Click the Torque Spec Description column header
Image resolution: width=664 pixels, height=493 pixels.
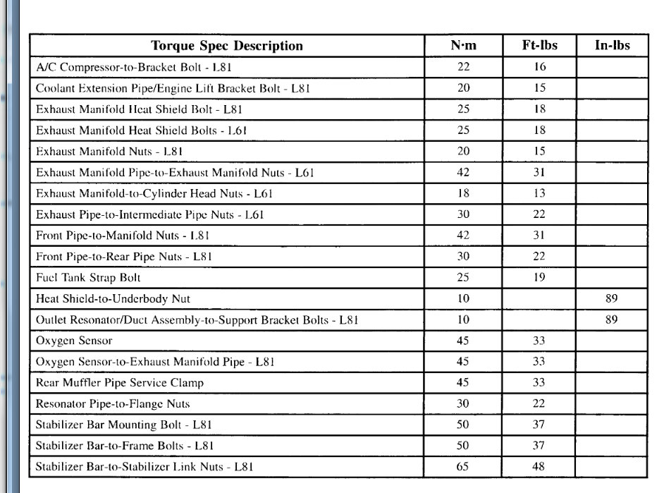click(227, 47)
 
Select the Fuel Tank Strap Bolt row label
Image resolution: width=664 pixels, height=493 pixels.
click(88, 278)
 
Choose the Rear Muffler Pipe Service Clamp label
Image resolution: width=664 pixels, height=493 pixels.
click(120, 383)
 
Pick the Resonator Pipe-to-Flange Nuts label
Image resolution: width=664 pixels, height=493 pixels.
click(113, 404)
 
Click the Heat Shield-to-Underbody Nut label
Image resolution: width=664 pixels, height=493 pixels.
click(113, 299)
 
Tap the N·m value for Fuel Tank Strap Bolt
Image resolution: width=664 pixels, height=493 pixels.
click(463, 278)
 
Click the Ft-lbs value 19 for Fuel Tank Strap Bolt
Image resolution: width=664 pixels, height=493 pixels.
click(539, 278)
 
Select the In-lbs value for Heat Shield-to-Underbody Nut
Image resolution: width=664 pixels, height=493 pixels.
click(611, 299)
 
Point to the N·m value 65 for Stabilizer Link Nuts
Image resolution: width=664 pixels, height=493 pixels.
click(463, 467)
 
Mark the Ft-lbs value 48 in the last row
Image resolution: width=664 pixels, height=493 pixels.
click(539, 467)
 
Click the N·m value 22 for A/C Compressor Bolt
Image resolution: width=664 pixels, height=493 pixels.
click(463, 68)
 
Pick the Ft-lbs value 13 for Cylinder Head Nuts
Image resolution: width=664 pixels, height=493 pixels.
click(539, 194)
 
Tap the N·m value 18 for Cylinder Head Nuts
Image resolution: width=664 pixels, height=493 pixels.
click(463, 194)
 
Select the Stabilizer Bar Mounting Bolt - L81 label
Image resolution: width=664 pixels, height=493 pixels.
click(124, 425)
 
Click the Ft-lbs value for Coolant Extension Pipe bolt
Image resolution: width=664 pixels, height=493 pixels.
click(539, 89)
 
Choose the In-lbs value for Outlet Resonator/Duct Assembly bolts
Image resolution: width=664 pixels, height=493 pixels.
click(611, 319)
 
